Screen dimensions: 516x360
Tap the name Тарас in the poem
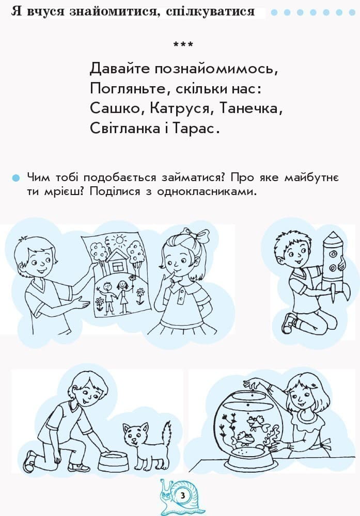click(x=198, y=128)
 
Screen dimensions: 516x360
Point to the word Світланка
click(x=124, y=128)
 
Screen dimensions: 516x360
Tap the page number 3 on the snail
click(x=182, y=496)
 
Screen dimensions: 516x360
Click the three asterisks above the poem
click(x=183, y=45)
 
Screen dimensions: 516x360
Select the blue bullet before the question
click(x=16, y=178)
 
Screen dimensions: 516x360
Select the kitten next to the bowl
click(x=137, y=442)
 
